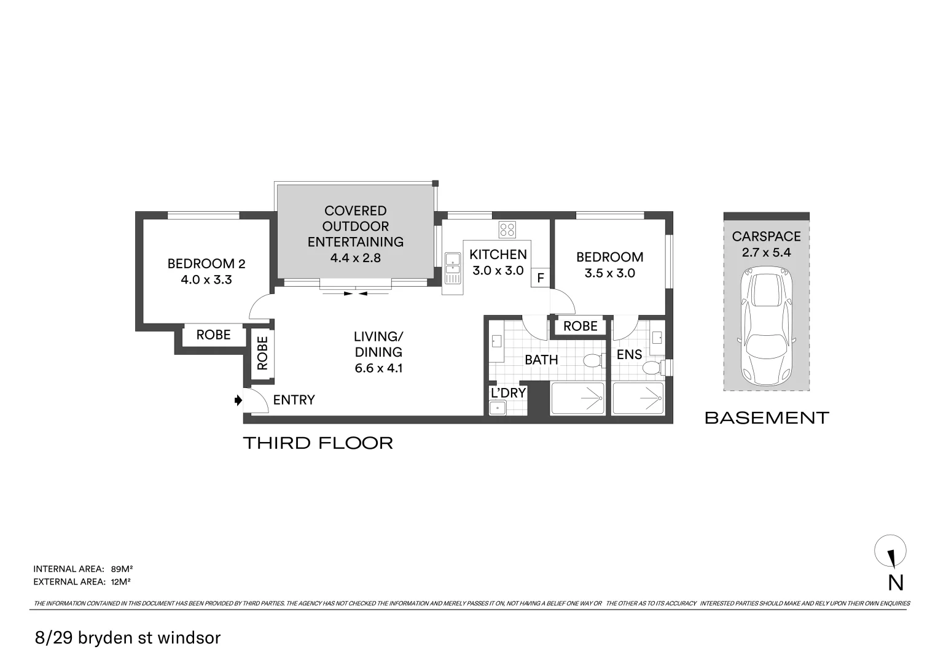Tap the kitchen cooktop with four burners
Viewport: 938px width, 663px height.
tap(507, 230)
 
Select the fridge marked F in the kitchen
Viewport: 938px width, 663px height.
tap(540, 278)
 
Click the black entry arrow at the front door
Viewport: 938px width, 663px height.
tap(238, 400)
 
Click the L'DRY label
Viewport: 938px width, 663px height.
tap(508, 393)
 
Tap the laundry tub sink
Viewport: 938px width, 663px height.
tap(498, 408)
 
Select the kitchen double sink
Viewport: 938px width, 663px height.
tap(452, 269)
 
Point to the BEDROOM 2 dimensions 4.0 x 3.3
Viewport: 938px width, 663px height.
tap(206, 279)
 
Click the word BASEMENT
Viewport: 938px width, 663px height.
tap(767, 417)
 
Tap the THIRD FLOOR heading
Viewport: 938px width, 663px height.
tap(318, 443)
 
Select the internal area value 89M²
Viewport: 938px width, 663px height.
tap(122, 569)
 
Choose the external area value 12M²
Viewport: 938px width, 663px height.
tap(120, 581)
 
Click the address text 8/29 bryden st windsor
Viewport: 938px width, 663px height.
tap(128, 637)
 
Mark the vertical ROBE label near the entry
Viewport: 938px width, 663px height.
tap(262, 354)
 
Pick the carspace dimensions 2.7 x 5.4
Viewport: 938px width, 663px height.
tap(767, 252)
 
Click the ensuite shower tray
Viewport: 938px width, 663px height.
tap(638, 398)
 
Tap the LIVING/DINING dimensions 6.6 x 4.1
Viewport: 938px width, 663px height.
tap(378, 368)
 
